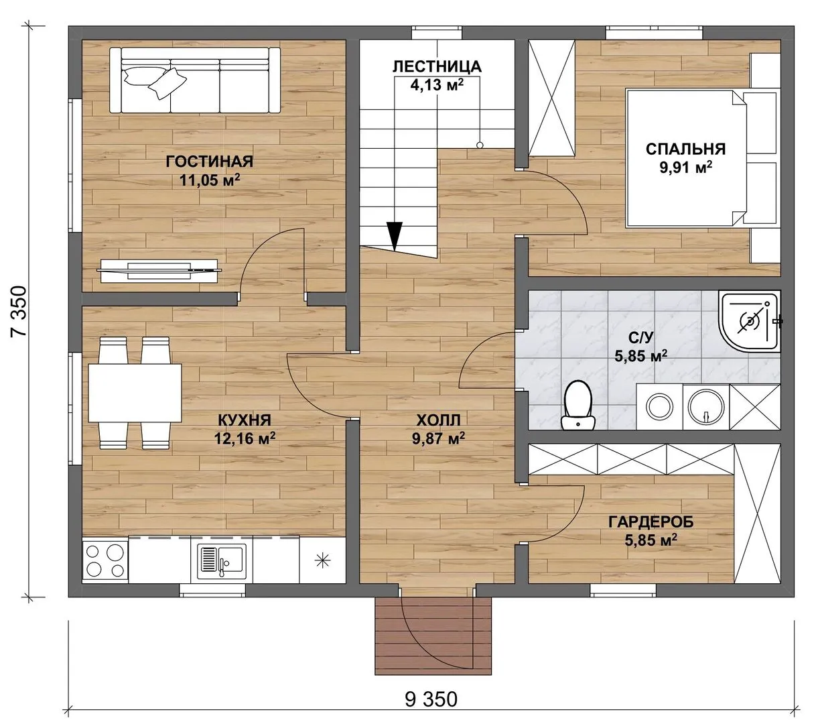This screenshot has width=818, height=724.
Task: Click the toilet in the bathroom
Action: pos(578,405)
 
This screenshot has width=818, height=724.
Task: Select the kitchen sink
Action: pos(222,561)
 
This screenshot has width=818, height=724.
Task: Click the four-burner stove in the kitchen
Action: pos(105,560)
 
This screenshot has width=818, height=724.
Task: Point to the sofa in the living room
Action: pos(195,80)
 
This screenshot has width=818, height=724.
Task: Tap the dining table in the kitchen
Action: pos(135,393)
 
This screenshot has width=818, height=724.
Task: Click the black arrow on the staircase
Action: pos(395,237)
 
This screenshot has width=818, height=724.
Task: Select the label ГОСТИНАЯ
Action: pos(210,162)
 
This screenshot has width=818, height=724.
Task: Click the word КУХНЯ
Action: pos(245,420)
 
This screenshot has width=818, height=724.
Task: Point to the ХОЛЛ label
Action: pos(438,420)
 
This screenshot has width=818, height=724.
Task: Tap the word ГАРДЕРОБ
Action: pos(651,522)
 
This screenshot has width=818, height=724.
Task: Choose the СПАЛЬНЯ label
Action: pos(685,149)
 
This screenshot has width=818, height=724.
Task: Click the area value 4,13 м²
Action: pos(437,85)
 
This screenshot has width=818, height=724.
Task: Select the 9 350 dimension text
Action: pos(431,699)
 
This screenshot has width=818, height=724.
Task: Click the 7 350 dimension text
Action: pos(19,311)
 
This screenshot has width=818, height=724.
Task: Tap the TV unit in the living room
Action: pos(159,271)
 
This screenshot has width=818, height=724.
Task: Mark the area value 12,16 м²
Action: pos(245,438)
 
